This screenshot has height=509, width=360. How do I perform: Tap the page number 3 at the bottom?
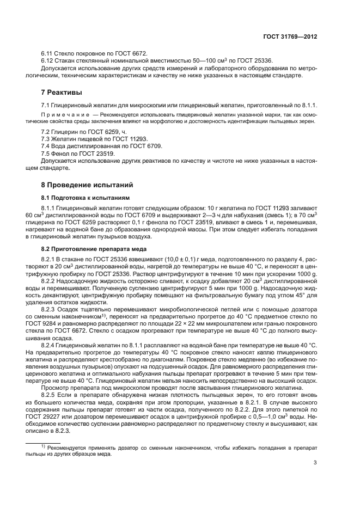pyautogui.click(x=315, y=463)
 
